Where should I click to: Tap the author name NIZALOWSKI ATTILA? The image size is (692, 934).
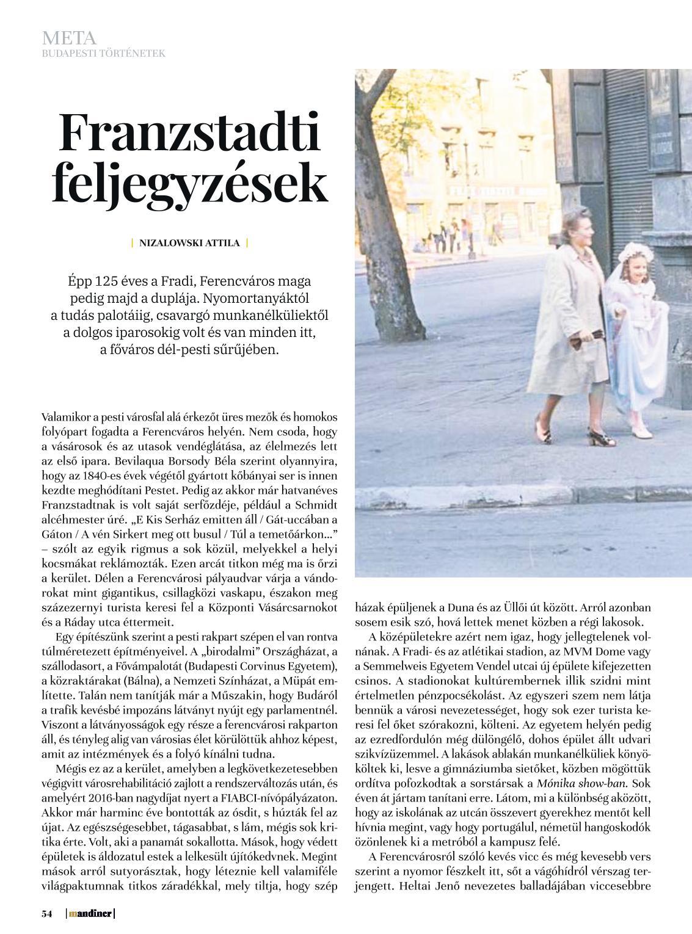point(189,243)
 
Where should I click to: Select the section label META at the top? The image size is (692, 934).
point(69,38)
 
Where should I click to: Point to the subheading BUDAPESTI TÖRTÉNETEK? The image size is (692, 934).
point(103,54)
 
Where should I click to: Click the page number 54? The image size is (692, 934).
point(47,913)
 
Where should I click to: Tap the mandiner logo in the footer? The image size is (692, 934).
point(90,913)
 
